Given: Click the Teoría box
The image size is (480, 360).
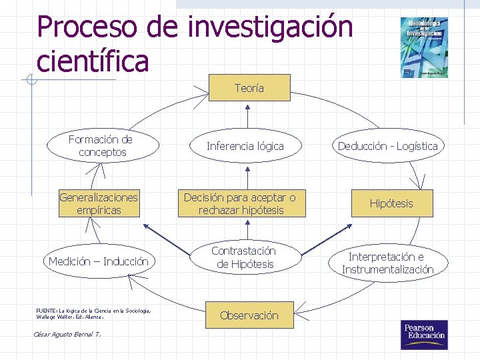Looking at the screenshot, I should pyautogui.click(x=249, y=88).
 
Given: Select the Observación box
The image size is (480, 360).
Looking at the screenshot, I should pyautogui.click(x=249, y=315).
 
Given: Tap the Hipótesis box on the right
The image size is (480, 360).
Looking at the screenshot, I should pyautogui.click(x=391, y=203).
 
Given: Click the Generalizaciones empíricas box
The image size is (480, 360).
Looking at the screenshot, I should pyautogui.click(x=99, y=203).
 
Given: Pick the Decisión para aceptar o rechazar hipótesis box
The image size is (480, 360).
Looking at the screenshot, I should pyautogui.click(x=239, y=203).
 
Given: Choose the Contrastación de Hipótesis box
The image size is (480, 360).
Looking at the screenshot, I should pyautogui.click(x=245, y=257).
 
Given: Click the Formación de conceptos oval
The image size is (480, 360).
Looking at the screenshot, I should pyautogui.click(x=101, y=146).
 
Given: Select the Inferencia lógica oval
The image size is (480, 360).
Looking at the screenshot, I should pyautogui.click(x=245, y=146).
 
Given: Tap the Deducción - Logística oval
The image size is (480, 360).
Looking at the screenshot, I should pyautogui.click(x=387, y=146).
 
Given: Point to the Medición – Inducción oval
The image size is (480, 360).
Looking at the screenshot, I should pyautogui.click(x=99, y=261).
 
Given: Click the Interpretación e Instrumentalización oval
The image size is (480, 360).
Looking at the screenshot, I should pyautogui.click(x=387, y=263).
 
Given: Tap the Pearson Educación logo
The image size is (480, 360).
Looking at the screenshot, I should pyautogui.click(x=423, y=335).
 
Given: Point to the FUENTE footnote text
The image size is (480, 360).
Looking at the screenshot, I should pyautogui.click(x=93, y=313).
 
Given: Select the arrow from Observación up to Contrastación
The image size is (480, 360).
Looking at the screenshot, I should pyautogui.click(x=247, y=288).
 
